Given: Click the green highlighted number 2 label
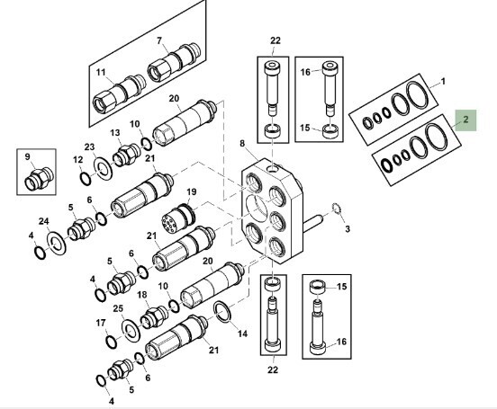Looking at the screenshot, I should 466,120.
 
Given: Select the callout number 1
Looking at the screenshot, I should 442,82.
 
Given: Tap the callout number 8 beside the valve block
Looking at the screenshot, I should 242,143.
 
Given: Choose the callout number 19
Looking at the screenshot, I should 191,192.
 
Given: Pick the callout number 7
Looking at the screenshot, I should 159,41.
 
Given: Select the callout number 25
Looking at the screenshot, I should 118,309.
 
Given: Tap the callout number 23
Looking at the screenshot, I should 89,147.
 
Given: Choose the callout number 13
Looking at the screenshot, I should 115,133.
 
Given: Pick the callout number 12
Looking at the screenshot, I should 77,159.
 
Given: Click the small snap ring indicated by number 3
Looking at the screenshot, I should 335,210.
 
